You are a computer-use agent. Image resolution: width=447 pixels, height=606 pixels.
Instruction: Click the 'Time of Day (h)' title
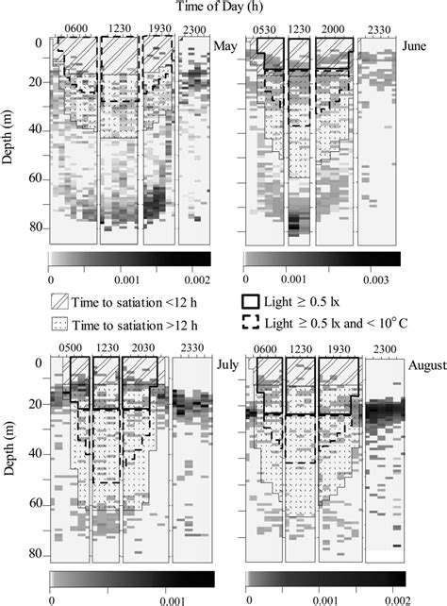(x=224, y=8)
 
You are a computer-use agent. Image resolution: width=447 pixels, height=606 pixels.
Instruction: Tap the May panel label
(x=225, y=45)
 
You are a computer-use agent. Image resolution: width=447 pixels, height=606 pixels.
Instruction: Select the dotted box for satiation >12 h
(x=62, y=322)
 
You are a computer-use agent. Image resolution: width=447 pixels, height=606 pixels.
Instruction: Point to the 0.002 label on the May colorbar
(x=195, y=279)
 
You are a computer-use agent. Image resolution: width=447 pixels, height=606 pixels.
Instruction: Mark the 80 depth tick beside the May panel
(x=36, y=227)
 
